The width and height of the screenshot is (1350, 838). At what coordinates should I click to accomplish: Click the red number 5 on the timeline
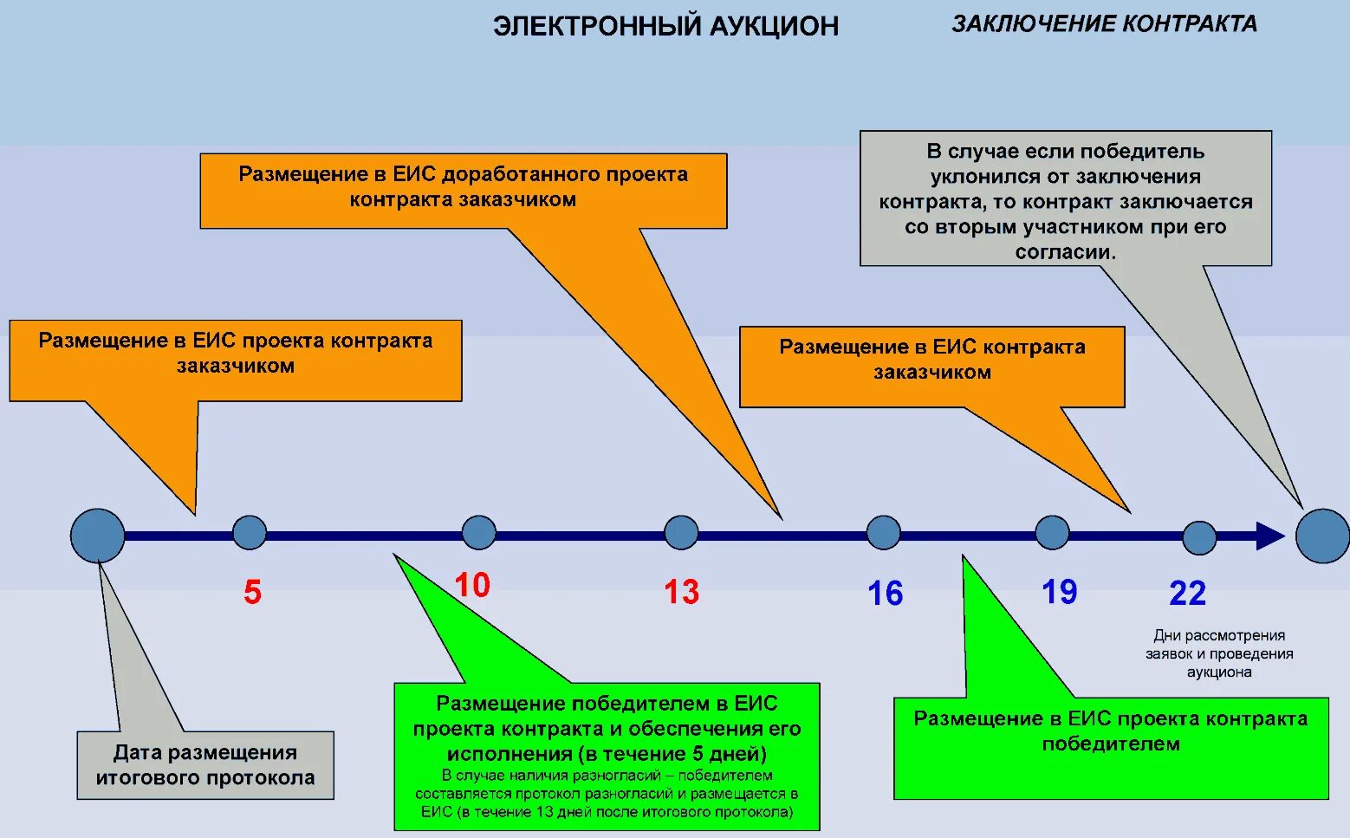click(x=252, y=593)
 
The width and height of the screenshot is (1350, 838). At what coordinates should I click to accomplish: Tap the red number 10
click(x=472, y=585)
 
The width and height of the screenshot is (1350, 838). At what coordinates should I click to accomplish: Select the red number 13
click(x=681, y=593)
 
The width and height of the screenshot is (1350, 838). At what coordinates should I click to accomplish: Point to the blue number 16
click(x=885, y=594)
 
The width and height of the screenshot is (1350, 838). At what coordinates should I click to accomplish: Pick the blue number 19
click(x=1059, y=593)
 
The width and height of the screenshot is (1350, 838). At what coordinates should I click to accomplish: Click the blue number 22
click(x=1187, y=594)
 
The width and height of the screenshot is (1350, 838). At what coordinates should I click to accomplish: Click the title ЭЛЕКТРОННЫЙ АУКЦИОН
click(x=665, y=27)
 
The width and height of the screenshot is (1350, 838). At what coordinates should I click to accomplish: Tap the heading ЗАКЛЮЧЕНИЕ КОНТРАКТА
click(x=1104, y=24)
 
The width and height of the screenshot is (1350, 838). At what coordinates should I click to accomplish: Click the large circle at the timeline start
click(x=97, y=536)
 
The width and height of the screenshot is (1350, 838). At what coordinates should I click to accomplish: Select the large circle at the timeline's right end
click(x=1322, y=536)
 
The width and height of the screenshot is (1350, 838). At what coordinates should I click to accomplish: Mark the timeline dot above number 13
click(x=681, y=532)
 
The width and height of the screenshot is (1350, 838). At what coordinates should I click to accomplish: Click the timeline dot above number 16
click(x=883, y=532)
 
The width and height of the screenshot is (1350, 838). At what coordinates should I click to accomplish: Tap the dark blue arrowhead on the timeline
click(x=1269, y=536)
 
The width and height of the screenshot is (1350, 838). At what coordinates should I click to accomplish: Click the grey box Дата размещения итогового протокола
click(x=205, y=765)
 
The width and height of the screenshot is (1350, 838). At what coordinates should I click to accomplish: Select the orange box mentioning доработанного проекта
click(x=463, y=191)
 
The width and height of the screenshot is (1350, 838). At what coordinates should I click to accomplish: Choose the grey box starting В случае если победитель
click(x=1065, y=198)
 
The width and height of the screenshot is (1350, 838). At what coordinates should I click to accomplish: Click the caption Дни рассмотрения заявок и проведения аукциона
click(x=1219, y=653)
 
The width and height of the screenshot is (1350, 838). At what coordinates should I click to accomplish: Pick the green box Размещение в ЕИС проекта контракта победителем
click(x=1110, y=747)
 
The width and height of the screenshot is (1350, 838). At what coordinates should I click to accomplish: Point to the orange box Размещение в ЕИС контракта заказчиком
click(x=931, y=367)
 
